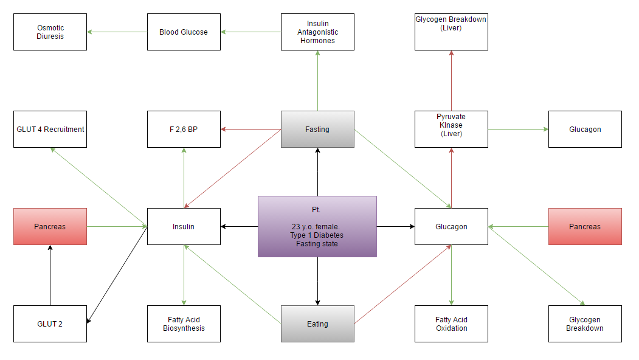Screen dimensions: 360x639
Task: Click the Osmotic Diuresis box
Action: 50,32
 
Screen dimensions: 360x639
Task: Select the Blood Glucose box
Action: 184,32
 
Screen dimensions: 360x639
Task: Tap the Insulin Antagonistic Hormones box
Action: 317,32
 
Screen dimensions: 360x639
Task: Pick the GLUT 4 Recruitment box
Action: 50,130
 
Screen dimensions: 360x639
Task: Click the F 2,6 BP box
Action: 184,130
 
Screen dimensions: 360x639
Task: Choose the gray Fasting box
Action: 317,130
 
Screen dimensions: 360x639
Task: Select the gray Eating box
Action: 317,324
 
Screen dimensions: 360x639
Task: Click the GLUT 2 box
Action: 50,324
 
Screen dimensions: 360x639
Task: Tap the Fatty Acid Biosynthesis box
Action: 184,324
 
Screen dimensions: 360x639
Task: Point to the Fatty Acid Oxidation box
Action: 451,324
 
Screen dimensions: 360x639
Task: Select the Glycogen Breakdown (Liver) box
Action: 451,32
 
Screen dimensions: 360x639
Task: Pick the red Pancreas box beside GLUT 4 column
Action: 50,227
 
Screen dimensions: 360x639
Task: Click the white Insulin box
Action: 184,227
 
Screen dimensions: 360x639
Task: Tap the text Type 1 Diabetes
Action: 317,235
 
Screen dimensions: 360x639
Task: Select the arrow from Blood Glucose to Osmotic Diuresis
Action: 117,32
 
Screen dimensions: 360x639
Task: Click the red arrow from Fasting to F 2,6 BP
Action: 250,130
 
